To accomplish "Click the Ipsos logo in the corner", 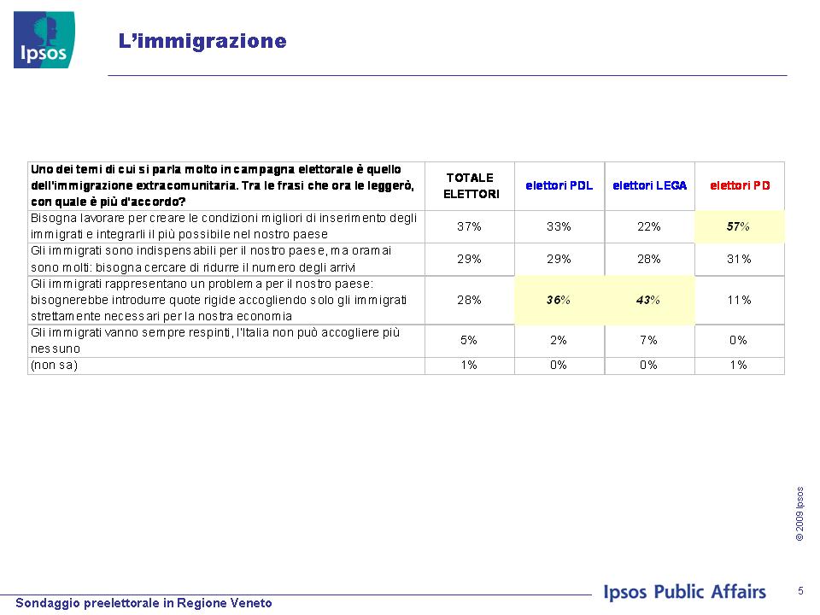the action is pos(44,40).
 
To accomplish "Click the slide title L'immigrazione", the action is pos(202,41).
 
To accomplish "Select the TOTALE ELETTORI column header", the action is pos(471,185).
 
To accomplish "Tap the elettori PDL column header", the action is pos(559,185).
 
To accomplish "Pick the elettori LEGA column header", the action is pos(649,185).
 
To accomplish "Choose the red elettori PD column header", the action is pos(740,185).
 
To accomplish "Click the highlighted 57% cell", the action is pos(738,226).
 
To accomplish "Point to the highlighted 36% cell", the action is pos(559,300).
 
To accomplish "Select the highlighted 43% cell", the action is pos(648,300).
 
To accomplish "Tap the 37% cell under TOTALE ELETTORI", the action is pos(469,226).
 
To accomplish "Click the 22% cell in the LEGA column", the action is pos(649,226).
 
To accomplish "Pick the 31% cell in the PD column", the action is pos(739,259).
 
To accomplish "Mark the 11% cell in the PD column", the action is pos(739,300).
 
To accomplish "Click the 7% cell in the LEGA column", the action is pos(648,341).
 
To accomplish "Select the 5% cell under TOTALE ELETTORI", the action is pos(469,341).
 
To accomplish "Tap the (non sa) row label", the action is pos(55,365).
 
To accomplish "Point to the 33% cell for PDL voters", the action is pos(559,226).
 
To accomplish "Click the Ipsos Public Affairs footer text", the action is pos(684,591).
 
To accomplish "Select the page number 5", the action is pos(800,591).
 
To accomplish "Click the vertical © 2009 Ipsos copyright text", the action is pos(799,513).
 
